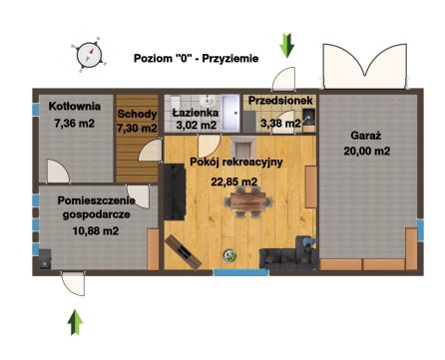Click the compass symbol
(x=89, y=55)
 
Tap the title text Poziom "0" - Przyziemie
(x=197, y=59)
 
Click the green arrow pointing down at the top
(x=286, y=46)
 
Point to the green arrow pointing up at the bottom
(x=75, y=322)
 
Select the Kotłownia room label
(x=75, y=107)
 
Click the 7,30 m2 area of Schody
(x=137, y=128)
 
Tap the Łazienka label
(x=196, y=113)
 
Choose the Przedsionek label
(x=280, y=100)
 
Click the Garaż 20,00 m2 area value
(x=367, y=151)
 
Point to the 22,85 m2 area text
(x=234, y=181)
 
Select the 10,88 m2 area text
(x=96, y=230)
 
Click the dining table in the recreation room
(x=248, y=201)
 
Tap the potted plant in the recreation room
(x=229, y=255)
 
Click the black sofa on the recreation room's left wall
(x=175, y=191)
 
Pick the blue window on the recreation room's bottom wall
(x=240, y=272)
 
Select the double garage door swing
(x=365, y=66)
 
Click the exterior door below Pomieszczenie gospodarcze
(x=73, y=283)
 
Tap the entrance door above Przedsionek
(x=283, y=79)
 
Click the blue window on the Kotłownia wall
(x=36, y=110)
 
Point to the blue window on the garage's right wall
(x=420, y=229)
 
